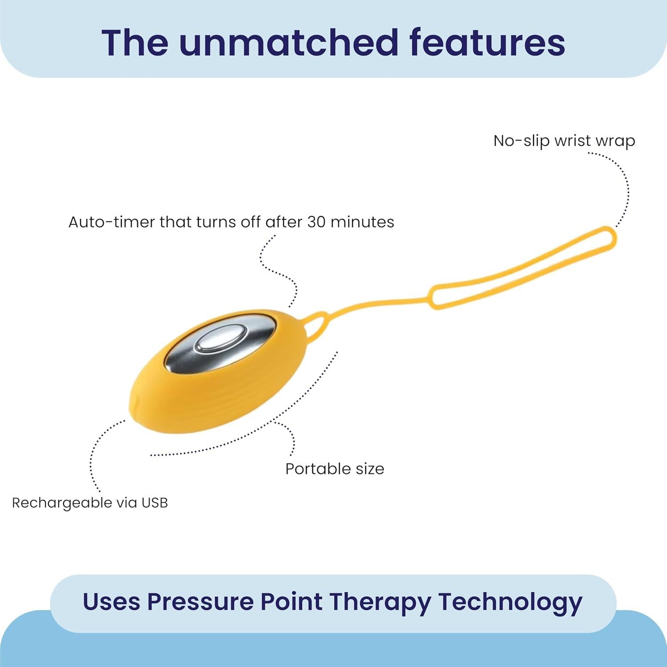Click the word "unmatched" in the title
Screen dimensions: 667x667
click(288, 43)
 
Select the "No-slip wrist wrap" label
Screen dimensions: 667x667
click(564, 141)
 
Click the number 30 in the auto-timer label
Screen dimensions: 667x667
click(317, 221)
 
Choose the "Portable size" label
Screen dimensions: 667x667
click(334, 469)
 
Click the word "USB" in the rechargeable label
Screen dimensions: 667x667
click(154, 503)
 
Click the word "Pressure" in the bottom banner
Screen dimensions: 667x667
click(200, 602)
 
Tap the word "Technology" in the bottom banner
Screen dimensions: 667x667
click(510, 602)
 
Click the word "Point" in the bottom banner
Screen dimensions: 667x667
click(291, 602)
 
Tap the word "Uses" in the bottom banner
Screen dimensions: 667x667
click(111, 602)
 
